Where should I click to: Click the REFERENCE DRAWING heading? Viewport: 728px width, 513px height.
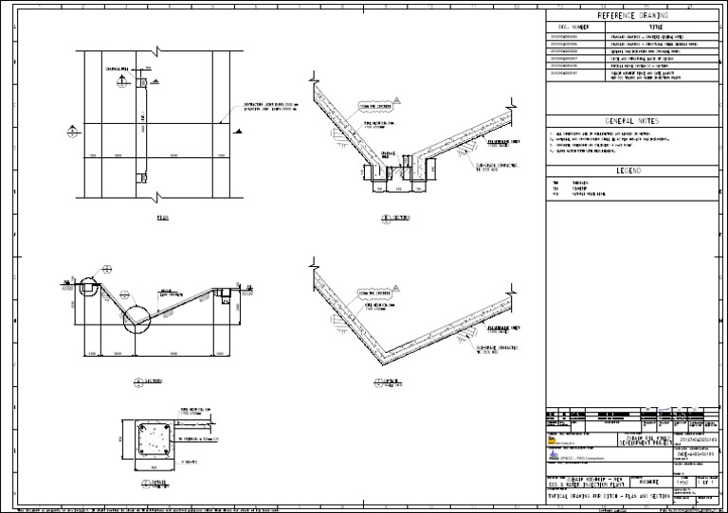pos(632,16)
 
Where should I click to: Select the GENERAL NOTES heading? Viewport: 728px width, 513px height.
pos(632,121)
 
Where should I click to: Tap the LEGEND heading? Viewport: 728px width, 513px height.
pos(632,170)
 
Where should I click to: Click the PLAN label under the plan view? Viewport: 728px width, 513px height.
pos(161,218)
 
